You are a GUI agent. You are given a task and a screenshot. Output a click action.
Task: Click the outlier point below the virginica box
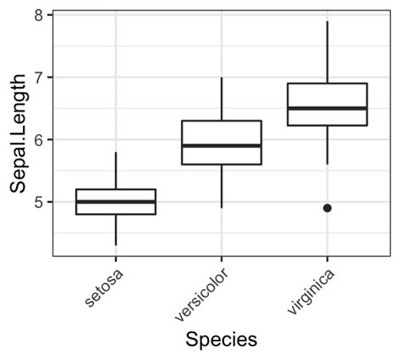[x=327, y=208]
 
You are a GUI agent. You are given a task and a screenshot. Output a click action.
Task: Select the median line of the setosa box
[x=116, y=202]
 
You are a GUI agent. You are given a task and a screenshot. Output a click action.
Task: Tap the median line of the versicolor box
[x=222, y=145]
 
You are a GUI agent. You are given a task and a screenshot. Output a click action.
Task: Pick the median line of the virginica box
[x=327, y=108]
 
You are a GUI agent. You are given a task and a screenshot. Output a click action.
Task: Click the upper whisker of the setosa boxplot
[x=116, y=171]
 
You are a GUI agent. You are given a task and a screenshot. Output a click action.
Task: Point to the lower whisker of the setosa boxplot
[x=116, y=230]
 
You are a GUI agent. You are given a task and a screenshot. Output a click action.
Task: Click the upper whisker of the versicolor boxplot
[x=222, y=99]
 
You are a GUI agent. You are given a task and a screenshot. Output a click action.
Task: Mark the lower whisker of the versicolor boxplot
[x=222, y=186]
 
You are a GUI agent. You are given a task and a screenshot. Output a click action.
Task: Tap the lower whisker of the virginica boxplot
[x=327, y=145]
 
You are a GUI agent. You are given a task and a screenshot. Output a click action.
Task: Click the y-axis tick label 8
[x=39, y=15]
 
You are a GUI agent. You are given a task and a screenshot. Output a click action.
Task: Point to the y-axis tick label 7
[x=39, y=78]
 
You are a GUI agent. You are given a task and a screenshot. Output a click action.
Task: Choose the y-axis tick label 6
[x=39, y=139]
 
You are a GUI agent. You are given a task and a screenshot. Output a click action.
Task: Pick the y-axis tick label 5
[x=39, y=202]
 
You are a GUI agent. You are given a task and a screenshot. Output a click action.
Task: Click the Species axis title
[x=221, y=340]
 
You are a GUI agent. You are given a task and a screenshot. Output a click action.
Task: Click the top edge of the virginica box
[x=327, y=84]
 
